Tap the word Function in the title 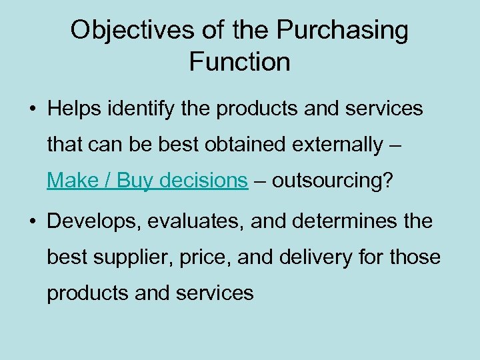(x=240, y=62)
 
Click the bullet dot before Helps (x=31, y=109)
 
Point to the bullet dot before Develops (x=31, y=221)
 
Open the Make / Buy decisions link (x=147, y=180)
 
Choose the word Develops (x=93, y=221)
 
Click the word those (x=415, y=257)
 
